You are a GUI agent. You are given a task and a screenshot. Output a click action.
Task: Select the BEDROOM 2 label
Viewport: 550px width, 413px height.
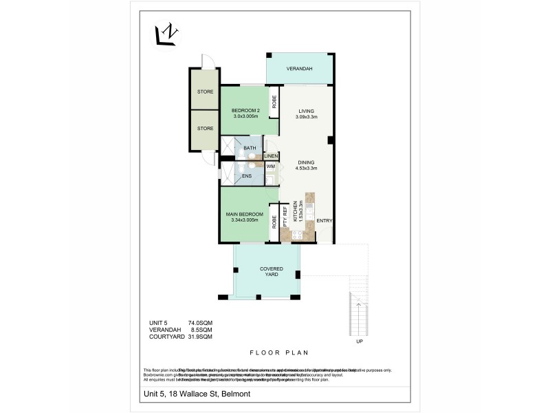245,111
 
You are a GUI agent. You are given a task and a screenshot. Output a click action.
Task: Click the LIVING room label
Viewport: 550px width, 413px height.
306,111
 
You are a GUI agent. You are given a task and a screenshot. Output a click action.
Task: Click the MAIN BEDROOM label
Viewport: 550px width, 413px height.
245,214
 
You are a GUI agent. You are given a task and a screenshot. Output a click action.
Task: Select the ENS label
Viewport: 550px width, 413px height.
247,176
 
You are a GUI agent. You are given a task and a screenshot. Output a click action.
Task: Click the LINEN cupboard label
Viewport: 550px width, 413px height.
271,156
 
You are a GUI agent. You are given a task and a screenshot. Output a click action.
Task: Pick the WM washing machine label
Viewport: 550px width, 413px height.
271,167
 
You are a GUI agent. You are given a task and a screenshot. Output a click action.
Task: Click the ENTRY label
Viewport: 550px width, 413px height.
324,220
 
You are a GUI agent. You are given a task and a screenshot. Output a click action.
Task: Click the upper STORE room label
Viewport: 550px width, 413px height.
205,92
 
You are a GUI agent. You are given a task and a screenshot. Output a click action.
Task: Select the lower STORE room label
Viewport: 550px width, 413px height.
205,127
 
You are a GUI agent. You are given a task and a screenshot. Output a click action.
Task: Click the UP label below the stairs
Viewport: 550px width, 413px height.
358,342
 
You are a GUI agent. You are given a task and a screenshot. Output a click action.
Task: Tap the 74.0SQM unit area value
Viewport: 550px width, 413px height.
200,322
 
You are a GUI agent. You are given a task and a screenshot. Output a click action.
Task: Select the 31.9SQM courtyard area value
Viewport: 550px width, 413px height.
200,337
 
